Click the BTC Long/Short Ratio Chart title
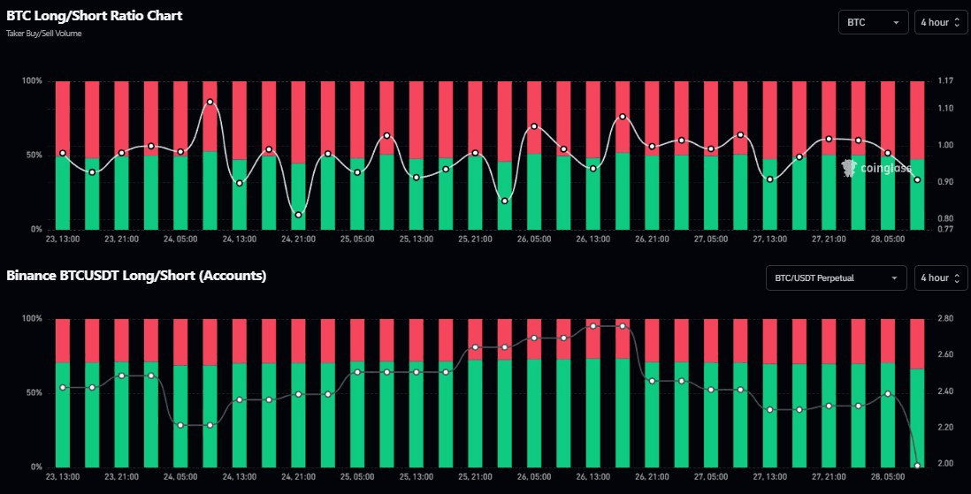[95, 16]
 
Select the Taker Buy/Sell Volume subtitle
[43, 33]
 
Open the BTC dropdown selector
[873, 21]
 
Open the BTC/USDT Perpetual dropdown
[836, 277]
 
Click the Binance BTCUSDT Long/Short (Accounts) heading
[136, 276]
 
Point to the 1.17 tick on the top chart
[944, 80]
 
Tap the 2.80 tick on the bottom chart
[944, 318]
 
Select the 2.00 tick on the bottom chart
[944, 463]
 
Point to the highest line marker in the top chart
[210, 102]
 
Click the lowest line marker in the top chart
[298, 215]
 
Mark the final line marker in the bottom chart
[917, 466]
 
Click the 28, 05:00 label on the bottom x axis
[888, 476]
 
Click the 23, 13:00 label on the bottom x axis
[62, 476]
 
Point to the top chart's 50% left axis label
[33, 155]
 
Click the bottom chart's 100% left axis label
[31, 318]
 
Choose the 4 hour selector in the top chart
[940, 21]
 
